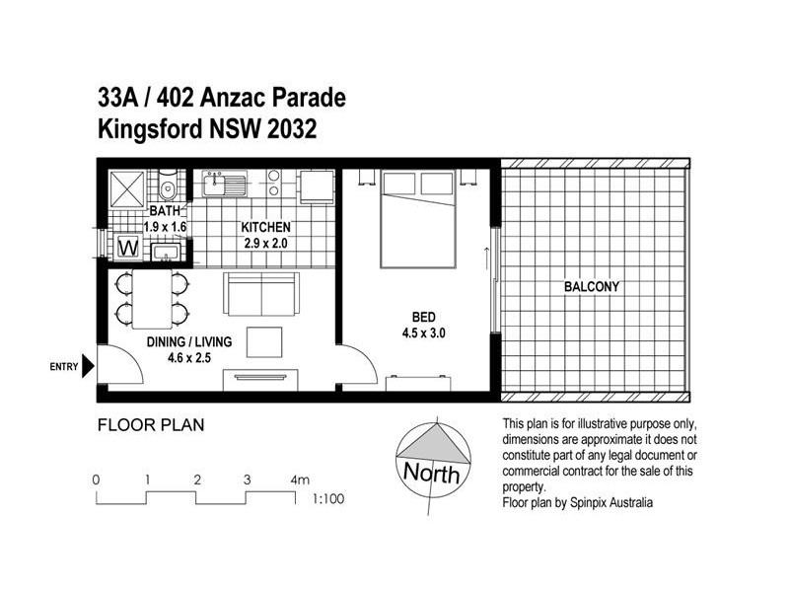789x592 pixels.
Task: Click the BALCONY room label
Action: pyautogui.click(x=592, y=287)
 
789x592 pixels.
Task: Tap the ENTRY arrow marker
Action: pyautogui.click(x=88, y=367)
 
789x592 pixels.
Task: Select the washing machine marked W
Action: pyautogui.click(x=127, y=247)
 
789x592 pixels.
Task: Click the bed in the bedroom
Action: pyautogui.click(x=418, y=218)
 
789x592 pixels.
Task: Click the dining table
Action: pyautogui.click(x=151, y=300)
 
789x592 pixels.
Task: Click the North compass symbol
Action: pyautogui.click(x=431, y=457)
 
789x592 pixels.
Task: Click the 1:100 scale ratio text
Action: pyautogui.click(x=328, y=499)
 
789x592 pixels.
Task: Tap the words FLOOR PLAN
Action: pyautogui.click(x=150, y=427)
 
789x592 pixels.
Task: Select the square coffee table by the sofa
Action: pyautogui.click(x=263, y=340)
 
